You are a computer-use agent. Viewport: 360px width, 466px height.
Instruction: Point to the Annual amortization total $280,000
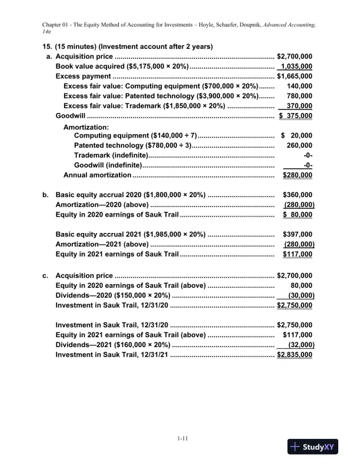(298, 175)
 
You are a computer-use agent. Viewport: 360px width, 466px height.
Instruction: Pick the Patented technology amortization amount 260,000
(299, 145)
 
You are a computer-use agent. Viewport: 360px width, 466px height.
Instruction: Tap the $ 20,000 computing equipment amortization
(297, 135)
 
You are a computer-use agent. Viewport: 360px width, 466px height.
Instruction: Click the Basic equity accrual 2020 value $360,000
(298, 195)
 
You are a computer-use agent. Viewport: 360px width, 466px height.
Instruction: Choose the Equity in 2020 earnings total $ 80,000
(298, 215)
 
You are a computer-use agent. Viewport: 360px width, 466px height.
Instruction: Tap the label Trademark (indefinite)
(111, 155)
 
